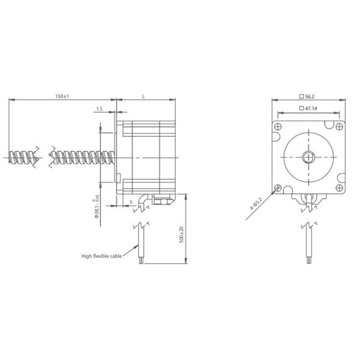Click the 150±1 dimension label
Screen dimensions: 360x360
pyautogui.click(x=61, y=96)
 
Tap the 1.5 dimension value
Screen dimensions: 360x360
pyautogui.click(x=98, y=109)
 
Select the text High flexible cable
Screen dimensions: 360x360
pyautogui.click(x=101, y=256)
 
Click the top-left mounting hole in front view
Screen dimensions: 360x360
pyautogui.click(x=278, y=127)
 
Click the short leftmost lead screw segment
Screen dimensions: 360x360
pyautogui.click(x=23, y=157)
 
